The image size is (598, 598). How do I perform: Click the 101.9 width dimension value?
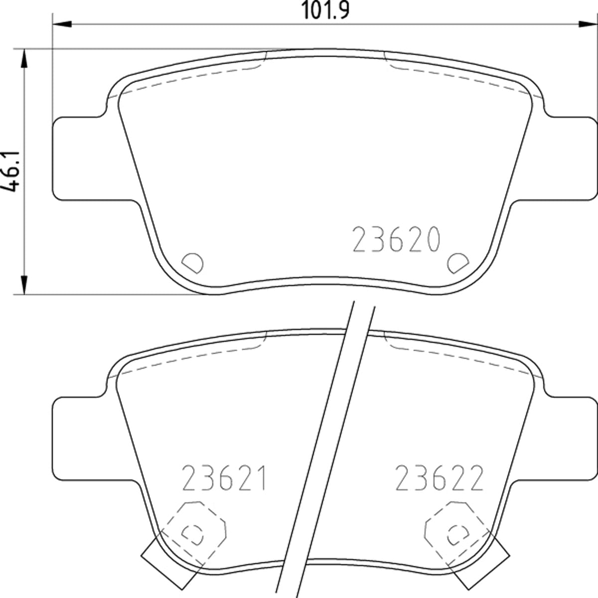click(325, 10)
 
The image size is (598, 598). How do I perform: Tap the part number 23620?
click(397, 239)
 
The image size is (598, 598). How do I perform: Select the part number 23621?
click(224, 478)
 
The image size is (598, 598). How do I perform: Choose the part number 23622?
click(439, 478)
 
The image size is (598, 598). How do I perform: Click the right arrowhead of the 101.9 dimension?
click(588, 24)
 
